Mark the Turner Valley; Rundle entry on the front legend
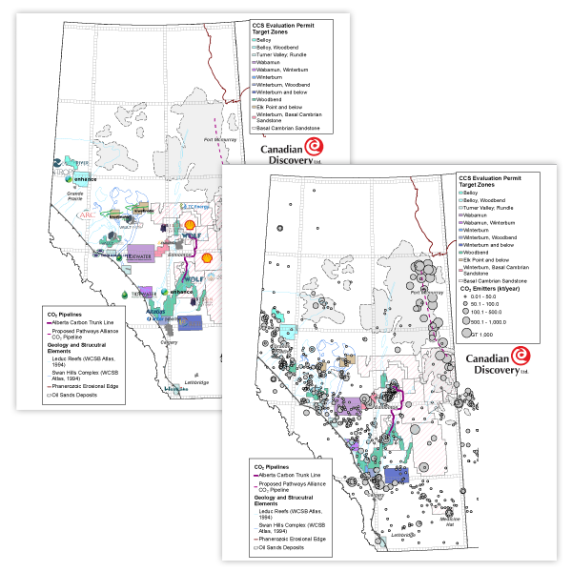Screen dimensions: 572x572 tap(496, 208)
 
